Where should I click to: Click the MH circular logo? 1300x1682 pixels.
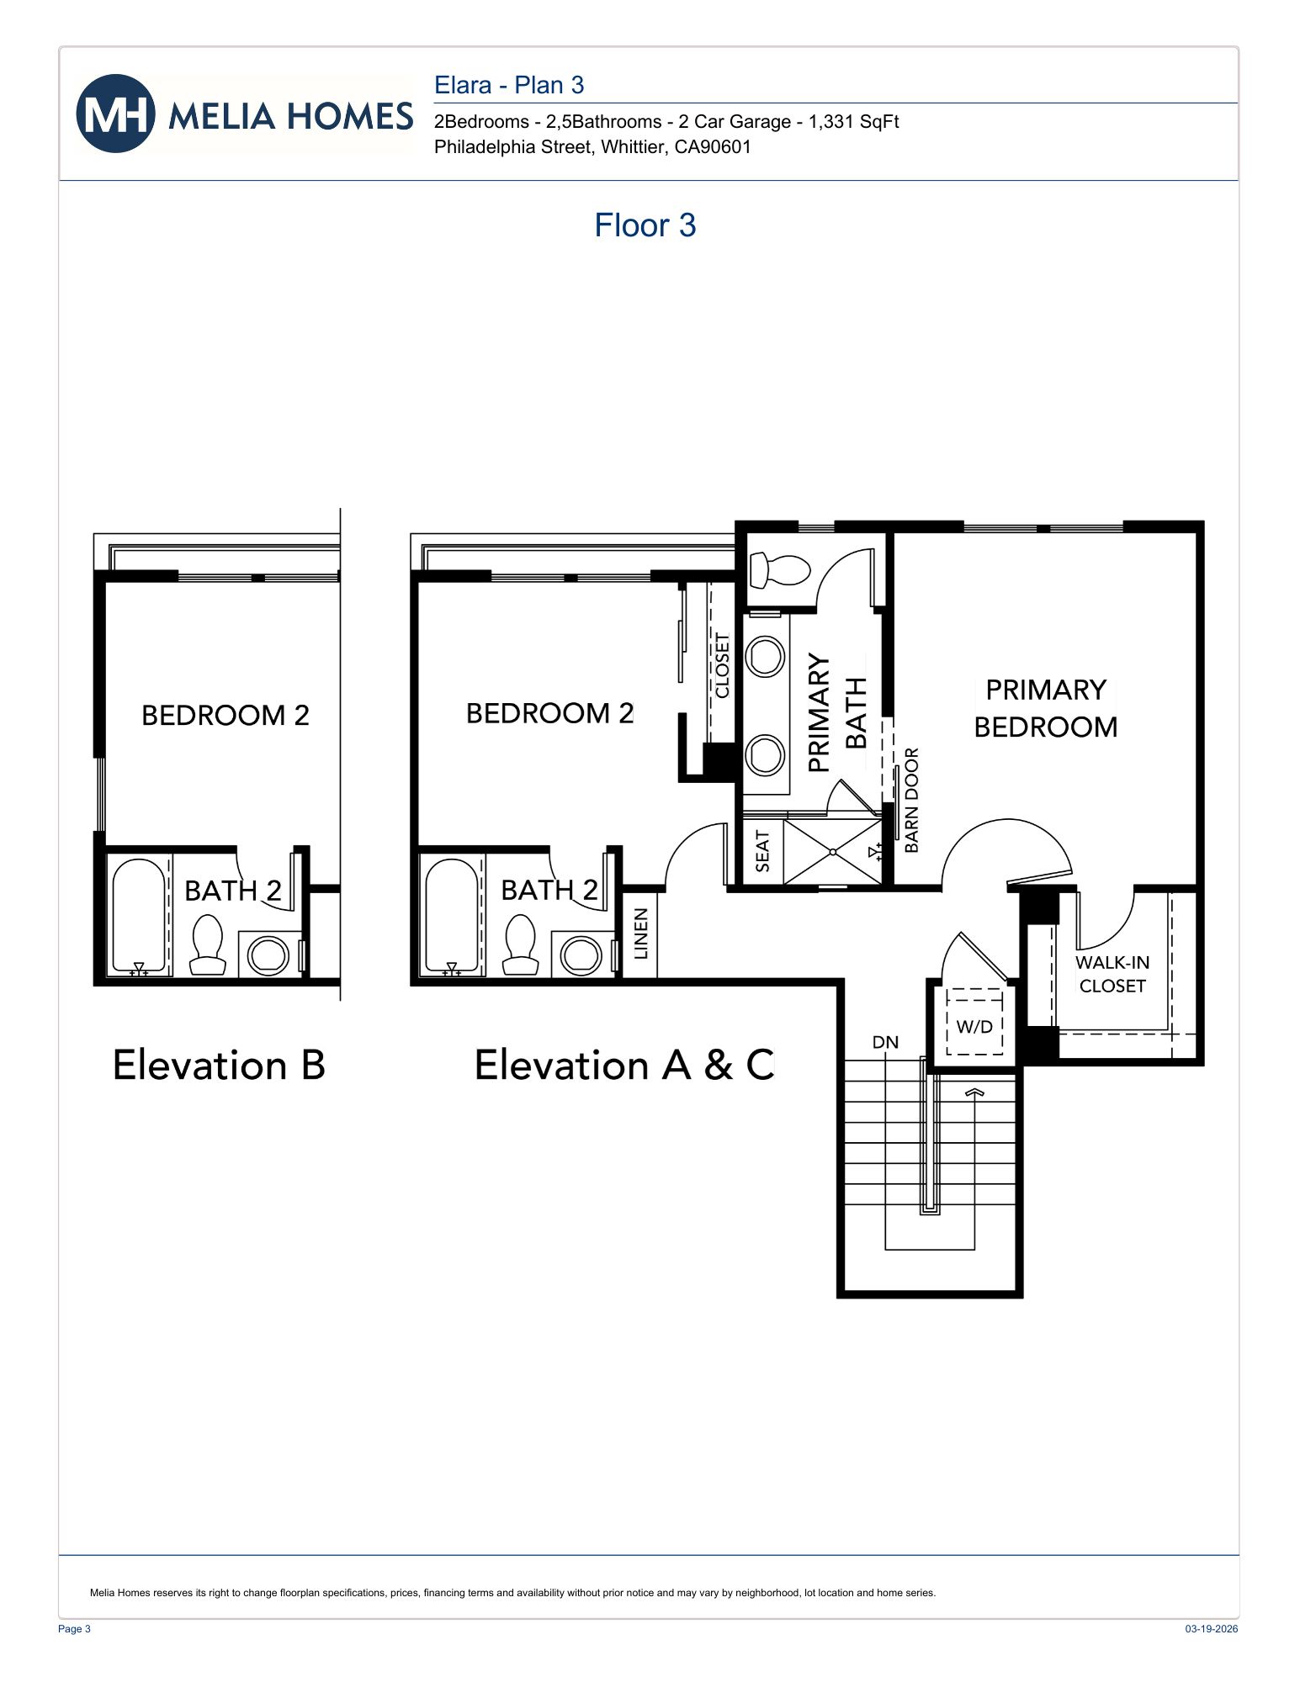(115, 114)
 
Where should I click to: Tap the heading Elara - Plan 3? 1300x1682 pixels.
(508, 85)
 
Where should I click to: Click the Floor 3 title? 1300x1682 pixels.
(645, 225)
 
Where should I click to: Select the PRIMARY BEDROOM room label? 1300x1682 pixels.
(1045, 708)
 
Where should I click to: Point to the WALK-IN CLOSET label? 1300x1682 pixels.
(1112, 974)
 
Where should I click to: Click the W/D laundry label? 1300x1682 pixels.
(974, 1026)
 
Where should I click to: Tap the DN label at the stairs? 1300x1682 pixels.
(885, 1042)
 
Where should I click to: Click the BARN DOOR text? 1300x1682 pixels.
(912, 800)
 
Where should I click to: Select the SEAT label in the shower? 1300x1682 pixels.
(762, 851)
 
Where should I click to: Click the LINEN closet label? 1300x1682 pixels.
(640, 934)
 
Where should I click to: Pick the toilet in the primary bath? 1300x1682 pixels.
(779, 569)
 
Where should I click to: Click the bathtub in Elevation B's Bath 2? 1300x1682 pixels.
(139, 917)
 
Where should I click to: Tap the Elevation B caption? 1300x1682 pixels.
(219, 1065)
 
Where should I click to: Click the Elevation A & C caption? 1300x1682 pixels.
(623, 1065)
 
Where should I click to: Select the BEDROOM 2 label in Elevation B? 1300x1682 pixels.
(225, 715)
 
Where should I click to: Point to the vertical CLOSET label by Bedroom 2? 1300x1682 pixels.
(722, 665)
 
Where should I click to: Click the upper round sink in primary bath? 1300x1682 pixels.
(766, 656)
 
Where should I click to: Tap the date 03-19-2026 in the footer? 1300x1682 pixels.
(1211, 1629)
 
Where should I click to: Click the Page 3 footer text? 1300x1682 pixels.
(74, 1629)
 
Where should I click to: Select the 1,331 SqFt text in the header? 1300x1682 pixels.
(853, 122)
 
